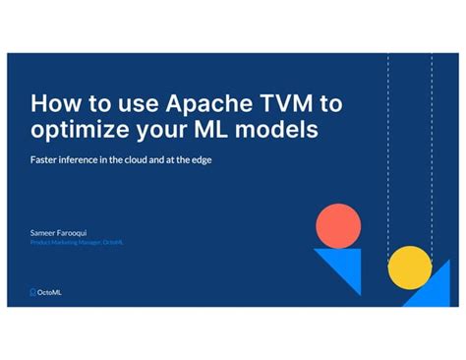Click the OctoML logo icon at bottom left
(x=33, y=291)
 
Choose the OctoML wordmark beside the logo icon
(x=50, y=291)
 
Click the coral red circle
(x=336, y=228)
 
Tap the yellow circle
(x=410, y=267)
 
